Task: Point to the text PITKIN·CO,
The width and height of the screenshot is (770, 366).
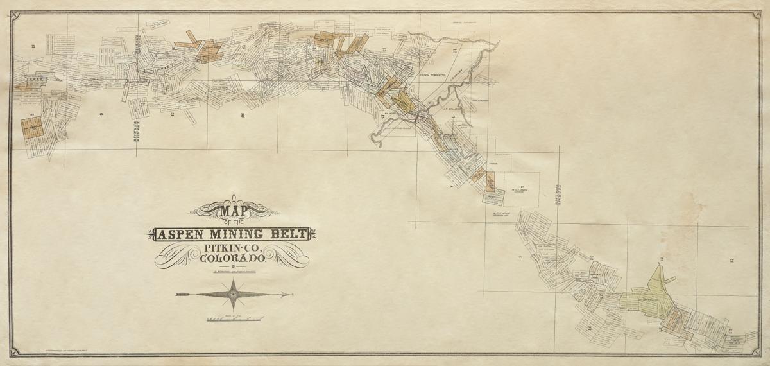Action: tap(234, 248)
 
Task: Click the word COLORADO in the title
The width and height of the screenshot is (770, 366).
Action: tap(234, 259)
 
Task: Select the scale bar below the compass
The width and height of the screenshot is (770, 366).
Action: tap(234, 318)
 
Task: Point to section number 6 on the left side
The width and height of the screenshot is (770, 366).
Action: tap(101, 114)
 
